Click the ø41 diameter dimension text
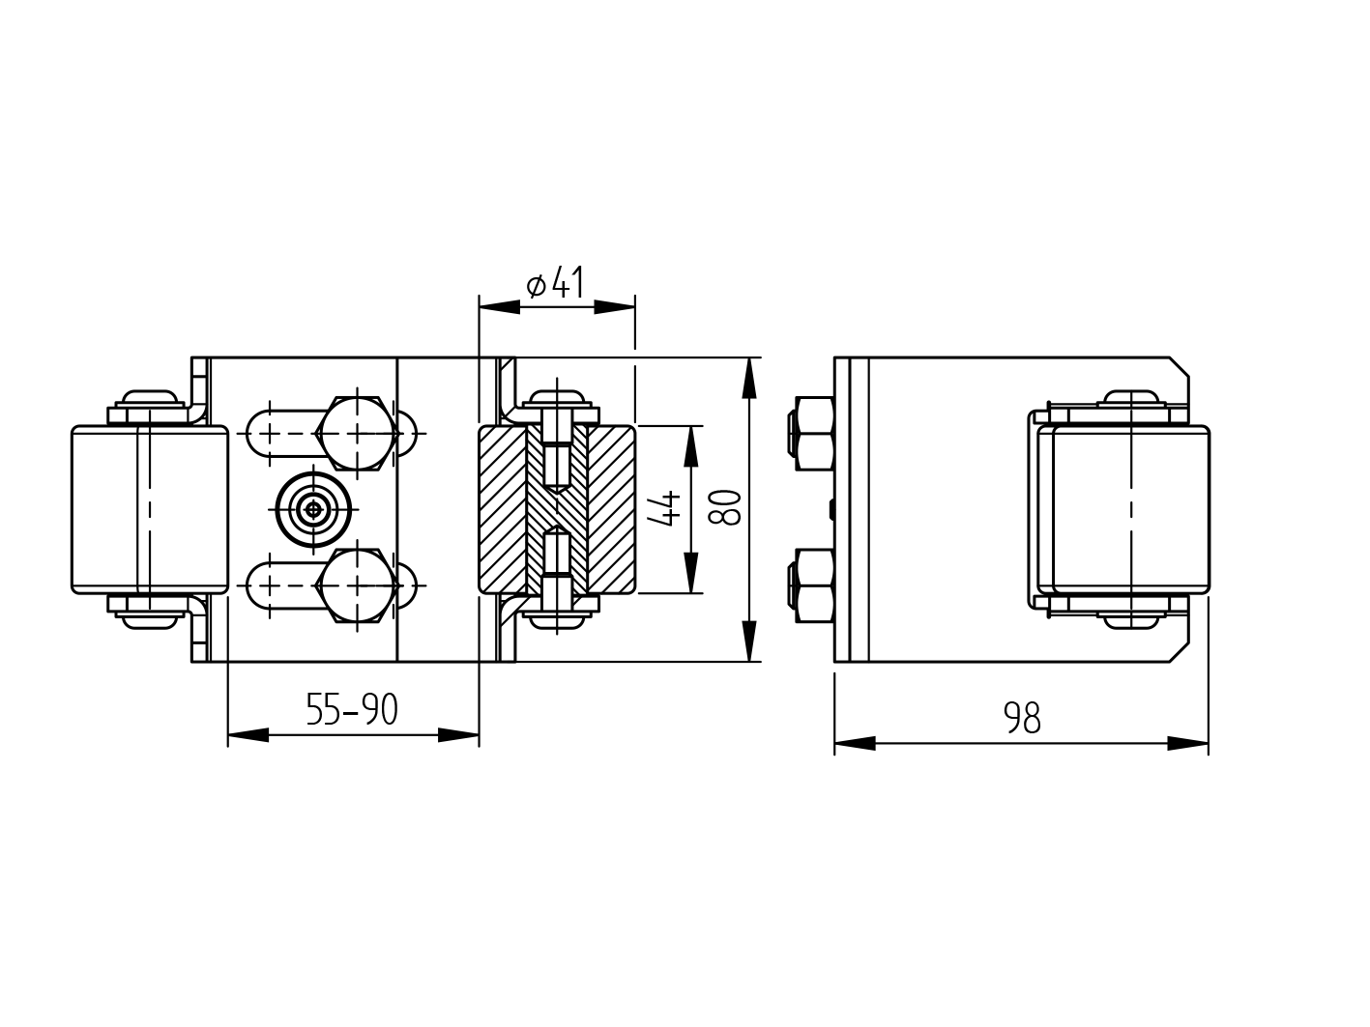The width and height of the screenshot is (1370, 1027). pos(556,284)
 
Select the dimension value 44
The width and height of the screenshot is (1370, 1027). pos(664,508)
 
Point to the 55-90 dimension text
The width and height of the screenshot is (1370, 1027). pos(352,710)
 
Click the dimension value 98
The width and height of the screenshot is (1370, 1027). pos(1022,719)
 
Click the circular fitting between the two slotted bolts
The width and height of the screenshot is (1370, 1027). pos(312,510)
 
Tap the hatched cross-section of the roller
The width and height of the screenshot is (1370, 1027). pos(557,509)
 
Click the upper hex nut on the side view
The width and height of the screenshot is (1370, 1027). pos(813,432)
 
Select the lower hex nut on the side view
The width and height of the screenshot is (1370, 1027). pos(813,586)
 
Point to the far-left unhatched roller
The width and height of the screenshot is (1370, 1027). pos(150,509)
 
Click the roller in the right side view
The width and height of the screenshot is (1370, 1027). pos(1128,509)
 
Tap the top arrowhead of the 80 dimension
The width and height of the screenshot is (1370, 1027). pos(748,378)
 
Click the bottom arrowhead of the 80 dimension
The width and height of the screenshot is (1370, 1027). pos(748,642)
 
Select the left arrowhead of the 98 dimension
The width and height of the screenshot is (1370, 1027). pos(854,743)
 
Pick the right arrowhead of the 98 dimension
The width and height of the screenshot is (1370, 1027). pos(1189,743)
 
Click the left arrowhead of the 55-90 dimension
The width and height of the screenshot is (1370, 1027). pos(248,735)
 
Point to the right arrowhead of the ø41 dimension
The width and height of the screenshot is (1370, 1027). pos(615,306)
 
